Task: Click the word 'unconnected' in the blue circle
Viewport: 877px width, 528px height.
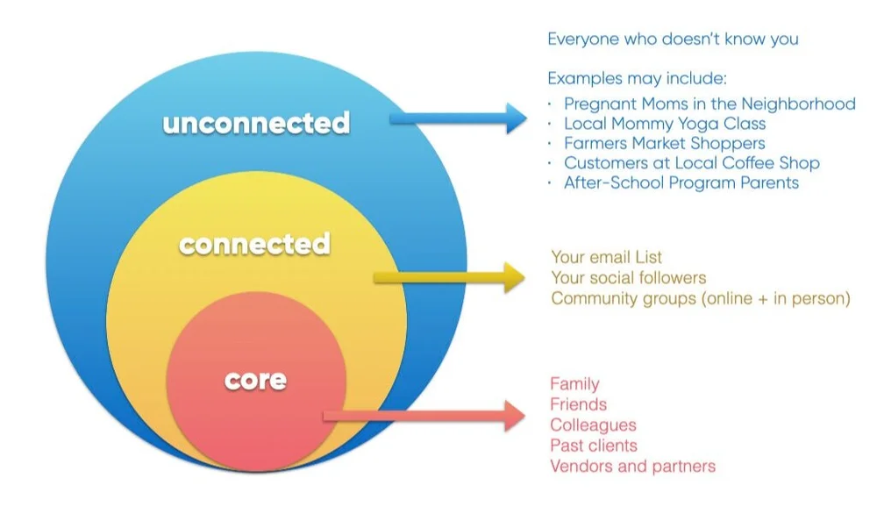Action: pos(255,123)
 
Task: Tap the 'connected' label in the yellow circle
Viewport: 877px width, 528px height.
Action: pos(254,243)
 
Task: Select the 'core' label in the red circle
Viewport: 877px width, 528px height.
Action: pos(255,380)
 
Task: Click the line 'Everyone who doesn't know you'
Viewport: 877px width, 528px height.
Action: pos(673,39)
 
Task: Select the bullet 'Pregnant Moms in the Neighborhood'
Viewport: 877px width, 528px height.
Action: pos(709,103)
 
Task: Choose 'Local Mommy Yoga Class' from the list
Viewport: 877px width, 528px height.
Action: pos(664,124)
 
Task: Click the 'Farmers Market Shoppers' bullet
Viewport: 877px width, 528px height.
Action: pos(664,143)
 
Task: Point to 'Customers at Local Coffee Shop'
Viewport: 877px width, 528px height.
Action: pos(691,163)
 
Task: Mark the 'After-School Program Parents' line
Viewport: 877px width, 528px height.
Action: pos(681,183)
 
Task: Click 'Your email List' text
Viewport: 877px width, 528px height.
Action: pos(606,257)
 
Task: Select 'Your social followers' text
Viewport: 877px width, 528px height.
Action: pos(628,278)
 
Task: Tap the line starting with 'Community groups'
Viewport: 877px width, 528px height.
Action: pos(701,298)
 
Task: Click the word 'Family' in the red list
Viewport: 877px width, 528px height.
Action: pos(574,383)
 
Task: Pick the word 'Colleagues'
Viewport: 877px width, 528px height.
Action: pos(593,425)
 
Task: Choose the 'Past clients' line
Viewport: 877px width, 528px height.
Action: pos(593,446)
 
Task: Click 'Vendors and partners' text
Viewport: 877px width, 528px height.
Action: pos(632,466)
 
